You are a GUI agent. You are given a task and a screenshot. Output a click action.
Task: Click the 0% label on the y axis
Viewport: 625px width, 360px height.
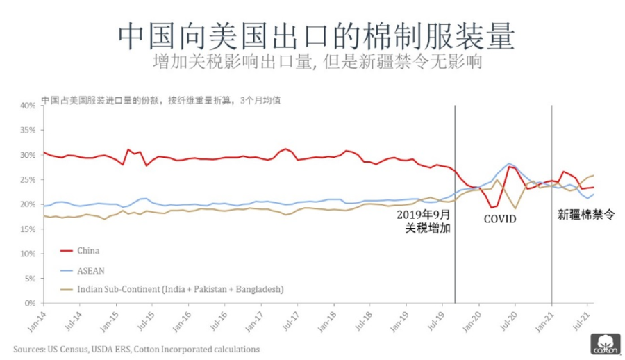(29, 304)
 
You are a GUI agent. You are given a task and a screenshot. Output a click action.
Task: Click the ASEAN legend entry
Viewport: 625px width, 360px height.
(90, 270)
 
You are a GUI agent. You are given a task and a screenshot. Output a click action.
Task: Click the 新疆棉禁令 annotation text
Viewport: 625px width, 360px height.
(587, 215)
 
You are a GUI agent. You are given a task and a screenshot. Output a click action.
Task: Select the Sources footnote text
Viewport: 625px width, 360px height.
(136, 349)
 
